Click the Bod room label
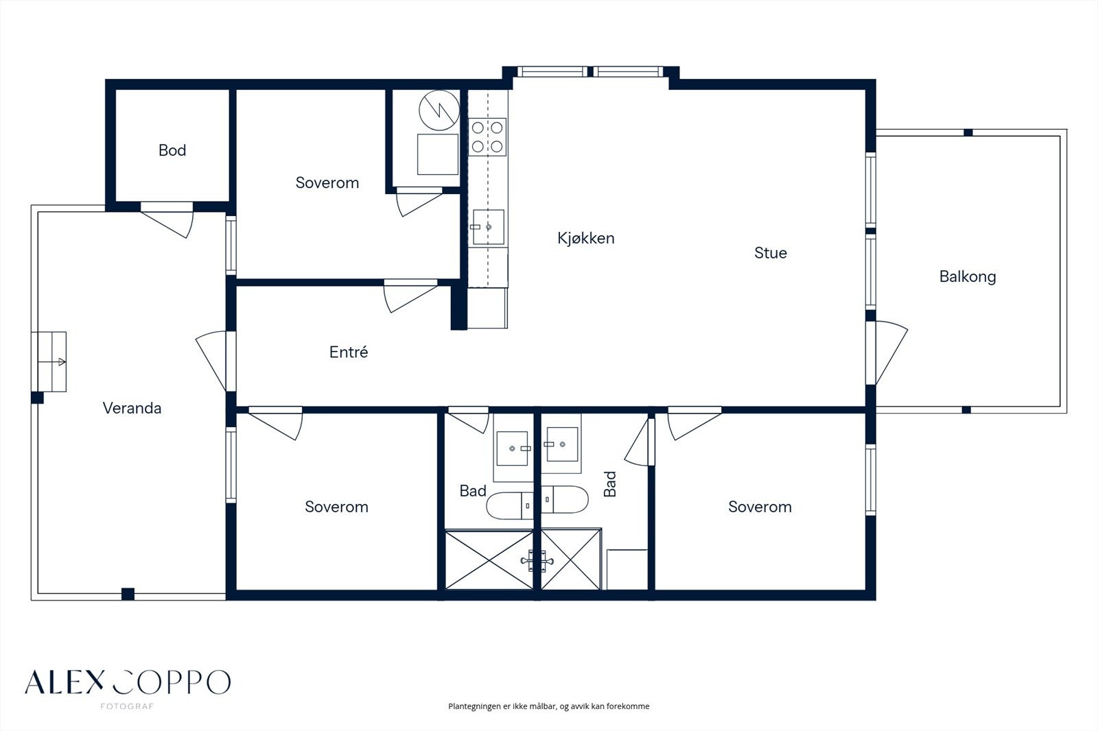coord(172,150)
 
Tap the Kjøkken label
coord(586,238)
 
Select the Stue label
coord(771,253)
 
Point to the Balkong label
coord(968,277)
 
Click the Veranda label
coord(132,408)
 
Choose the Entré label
coord(349,352)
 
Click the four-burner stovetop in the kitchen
coord(487,137)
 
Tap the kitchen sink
coord(488,227)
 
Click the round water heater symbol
coord(439,110)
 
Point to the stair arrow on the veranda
coord(52,362)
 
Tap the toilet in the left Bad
coord(510,505)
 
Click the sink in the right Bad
coord(562,444)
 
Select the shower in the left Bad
coord(489,560)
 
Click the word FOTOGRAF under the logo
coord(127,706)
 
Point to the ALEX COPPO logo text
coord(128,682)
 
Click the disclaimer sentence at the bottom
coord(548,706)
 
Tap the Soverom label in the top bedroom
coord(327,182)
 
